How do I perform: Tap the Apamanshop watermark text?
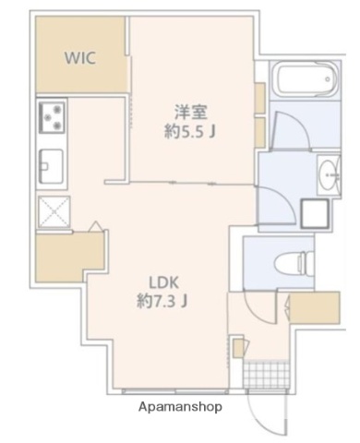pyautogui.click(x=180, y=406)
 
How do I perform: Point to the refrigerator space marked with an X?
pyautogui.click(x=49, y=211)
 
